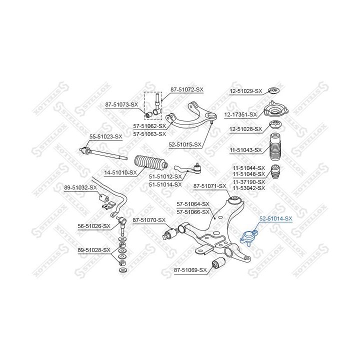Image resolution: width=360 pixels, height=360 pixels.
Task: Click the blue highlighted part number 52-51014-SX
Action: tap(275, 218)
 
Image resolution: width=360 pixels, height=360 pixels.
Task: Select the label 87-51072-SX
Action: tap(187, 89)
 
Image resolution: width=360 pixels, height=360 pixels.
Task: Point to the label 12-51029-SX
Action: tap(246, 91)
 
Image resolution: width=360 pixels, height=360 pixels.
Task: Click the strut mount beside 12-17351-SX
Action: tap(275, 110)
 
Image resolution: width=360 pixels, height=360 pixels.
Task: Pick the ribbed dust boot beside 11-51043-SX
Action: tap(275, 147)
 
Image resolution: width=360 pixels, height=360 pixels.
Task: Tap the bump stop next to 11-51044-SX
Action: tap(275, 171)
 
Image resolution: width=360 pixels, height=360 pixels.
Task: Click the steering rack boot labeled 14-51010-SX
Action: tap(151, 163)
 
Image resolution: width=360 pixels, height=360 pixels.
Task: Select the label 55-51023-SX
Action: tap(106, 136)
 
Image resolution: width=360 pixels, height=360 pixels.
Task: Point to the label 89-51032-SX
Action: tap(80, 187)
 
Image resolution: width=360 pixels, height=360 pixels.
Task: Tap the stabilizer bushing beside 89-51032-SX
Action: tap(104, 198)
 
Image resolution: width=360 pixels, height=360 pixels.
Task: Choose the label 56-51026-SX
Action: tap(94, 226)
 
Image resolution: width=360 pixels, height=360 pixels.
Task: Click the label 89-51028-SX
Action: tap(94, 250)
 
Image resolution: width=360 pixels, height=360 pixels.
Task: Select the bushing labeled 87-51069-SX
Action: tap(218, 262)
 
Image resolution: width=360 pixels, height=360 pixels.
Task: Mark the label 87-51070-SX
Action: tap(149, 220)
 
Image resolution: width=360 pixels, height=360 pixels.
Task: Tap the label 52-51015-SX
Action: tap(185, 144)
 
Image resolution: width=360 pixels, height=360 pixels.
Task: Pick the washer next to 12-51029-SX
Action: tap(274, 90)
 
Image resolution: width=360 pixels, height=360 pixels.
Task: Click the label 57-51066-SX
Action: tap(193, 212)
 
